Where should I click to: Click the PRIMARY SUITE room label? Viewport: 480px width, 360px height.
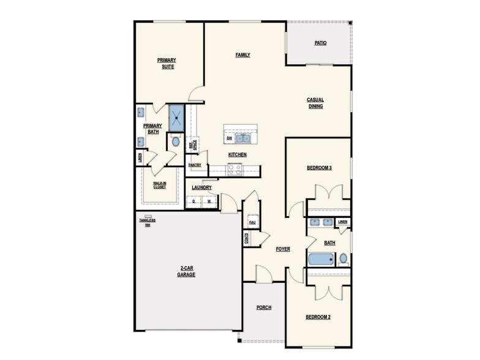166,63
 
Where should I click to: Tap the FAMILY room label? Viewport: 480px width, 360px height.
243,55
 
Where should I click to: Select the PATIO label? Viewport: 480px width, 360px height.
320,43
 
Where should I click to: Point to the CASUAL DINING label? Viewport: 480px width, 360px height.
315,103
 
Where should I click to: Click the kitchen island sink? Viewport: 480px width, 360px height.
243,138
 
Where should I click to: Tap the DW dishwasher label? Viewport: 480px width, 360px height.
229,138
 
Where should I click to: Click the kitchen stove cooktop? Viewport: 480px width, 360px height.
235,170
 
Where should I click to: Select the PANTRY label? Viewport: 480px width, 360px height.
195,165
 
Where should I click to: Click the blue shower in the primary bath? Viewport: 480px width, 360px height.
176,117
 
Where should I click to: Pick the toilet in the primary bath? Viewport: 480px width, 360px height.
176,142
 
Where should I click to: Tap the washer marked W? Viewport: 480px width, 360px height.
209,201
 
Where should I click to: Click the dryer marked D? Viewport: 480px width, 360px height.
193,201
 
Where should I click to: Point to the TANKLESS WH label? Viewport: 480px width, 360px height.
147,222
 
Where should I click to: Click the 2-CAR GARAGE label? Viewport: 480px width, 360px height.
186,271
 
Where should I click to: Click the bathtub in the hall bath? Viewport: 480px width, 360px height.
320,259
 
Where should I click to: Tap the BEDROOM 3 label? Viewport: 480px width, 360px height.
319,167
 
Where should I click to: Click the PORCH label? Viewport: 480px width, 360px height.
264,307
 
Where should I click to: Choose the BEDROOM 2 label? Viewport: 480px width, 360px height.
318,317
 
